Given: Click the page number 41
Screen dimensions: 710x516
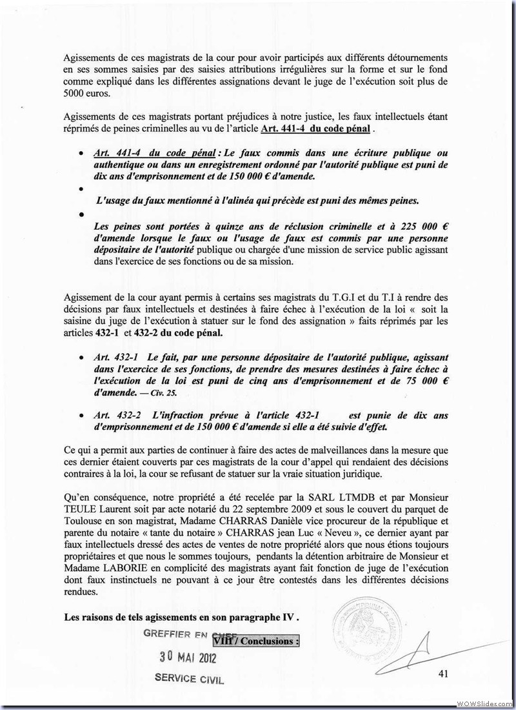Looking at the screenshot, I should coord(442,674).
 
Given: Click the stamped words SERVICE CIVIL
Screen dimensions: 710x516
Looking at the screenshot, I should coord(189,679).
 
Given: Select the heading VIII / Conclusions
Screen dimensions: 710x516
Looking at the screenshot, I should coord(255,642).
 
